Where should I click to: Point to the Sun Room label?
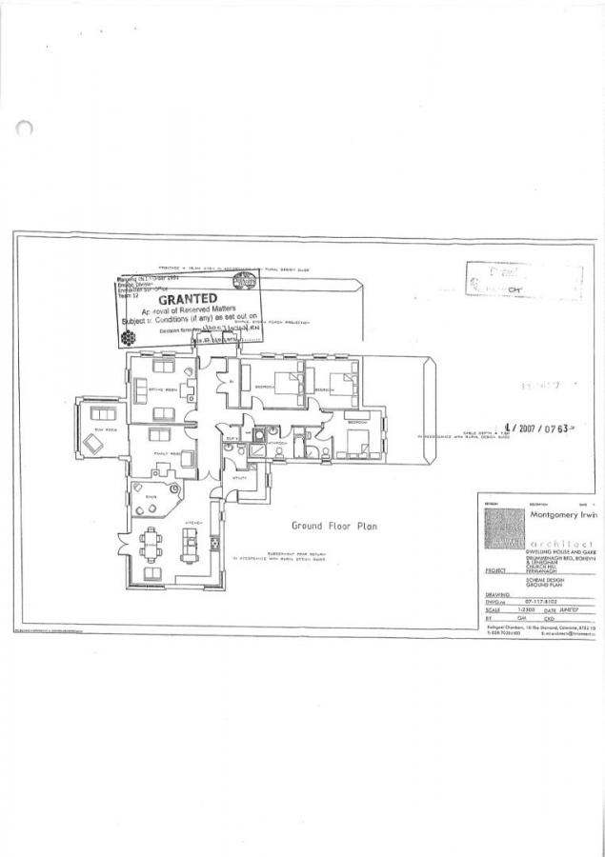tap(96, 430)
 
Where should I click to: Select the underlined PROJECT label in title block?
tap(494, 570)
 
